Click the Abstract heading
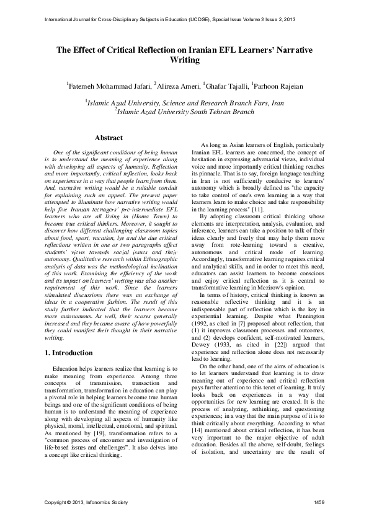(108, 138)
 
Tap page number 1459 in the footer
(319, 501)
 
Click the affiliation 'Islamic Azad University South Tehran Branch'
(185, 112)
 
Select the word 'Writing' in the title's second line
(184, 60)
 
